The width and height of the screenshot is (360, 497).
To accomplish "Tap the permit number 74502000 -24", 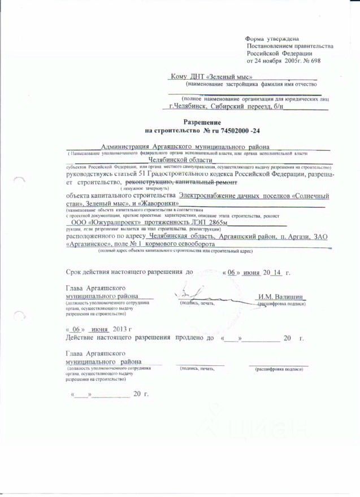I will point(236,130).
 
